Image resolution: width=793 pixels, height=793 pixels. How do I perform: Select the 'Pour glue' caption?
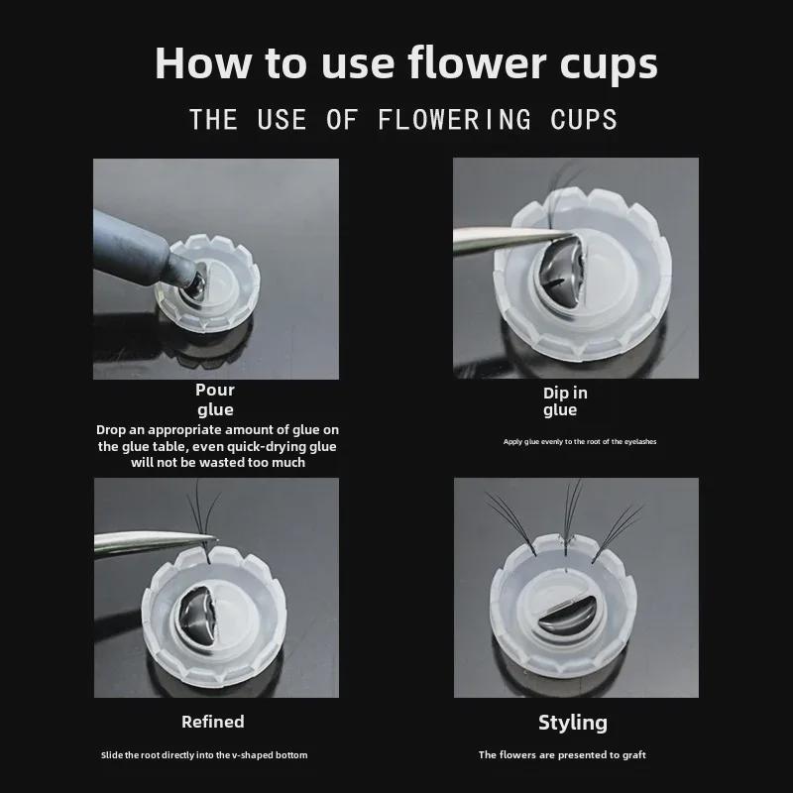(x=215, y=399)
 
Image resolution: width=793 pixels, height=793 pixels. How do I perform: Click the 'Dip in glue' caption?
(x=565, y=401)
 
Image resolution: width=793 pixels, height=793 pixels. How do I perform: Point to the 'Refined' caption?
(x=213, y=722)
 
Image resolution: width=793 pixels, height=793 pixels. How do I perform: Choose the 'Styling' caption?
(x=573, y=722)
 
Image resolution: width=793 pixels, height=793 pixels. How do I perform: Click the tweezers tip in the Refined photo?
(x=203, y=538)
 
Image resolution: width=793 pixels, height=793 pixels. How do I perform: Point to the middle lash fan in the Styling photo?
(x=569, y=510)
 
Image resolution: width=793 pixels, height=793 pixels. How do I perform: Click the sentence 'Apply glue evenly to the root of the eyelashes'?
(x=580, y=441)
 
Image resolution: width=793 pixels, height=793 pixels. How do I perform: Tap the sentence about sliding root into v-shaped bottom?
(x=204, y=755)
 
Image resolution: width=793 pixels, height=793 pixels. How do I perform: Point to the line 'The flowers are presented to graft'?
(x=562, y=755)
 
